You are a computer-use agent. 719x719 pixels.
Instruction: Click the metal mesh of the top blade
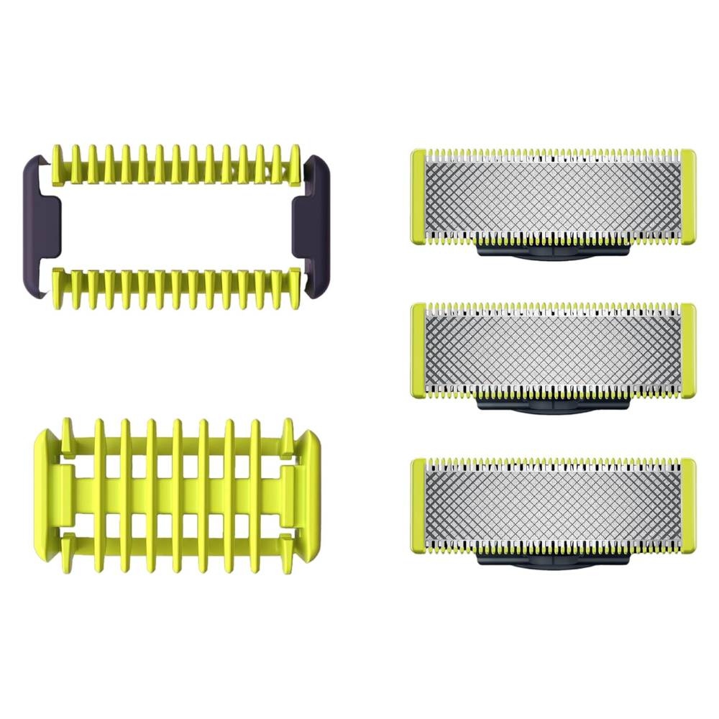(x=552, y=196)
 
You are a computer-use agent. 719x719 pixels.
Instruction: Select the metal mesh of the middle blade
(x=552, y=350)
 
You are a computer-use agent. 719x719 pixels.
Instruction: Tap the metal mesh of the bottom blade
(x=552, y=505)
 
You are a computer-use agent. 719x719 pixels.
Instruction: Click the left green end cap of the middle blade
(x=417, y=350)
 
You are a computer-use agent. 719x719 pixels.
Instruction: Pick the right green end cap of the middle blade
(x=688, y=350)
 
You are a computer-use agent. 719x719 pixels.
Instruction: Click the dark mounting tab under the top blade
(x=552, y=251)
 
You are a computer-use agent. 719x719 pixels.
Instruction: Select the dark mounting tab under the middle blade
(x=552, y=405)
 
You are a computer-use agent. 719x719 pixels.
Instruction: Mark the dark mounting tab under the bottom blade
(x=552, y=560)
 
